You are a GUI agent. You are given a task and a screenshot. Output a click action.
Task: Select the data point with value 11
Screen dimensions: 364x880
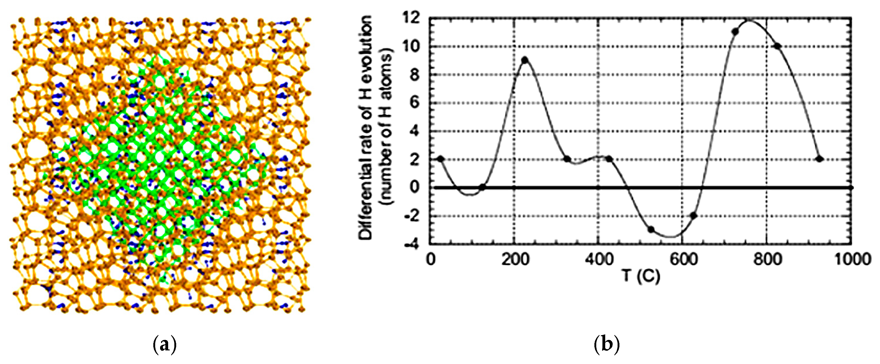(x=735, y=32)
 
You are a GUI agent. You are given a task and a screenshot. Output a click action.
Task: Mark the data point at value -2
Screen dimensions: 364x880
(x=693, y=215)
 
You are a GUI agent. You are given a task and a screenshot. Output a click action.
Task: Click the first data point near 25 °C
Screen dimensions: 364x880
(x=441, y=159)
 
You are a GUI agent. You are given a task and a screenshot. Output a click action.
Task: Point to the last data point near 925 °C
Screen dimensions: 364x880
(x=819, y=159)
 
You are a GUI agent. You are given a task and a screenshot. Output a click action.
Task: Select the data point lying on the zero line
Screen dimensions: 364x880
(x=482, y=187)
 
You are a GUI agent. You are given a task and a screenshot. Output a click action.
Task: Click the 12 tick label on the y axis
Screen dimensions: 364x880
(x=411, y=18)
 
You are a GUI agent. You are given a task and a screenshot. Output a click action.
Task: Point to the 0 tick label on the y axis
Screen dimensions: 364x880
(x=414, y=187)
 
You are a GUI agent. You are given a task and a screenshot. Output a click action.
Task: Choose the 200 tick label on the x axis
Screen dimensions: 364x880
(x=515, y=260)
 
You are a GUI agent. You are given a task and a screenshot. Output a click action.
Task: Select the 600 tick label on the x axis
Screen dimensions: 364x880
(x=683, y=260)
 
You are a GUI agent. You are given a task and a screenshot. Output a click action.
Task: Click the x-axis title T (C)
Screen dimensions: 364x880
(x=640, y=276)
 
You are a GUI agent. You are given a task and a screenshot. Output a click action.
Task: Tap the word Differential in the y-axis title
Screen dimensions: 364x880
(x=366, y=201)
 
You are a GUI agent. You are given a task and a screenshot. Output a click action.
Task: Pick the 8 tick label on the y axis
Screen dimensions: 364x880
(x=414, y=74)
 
